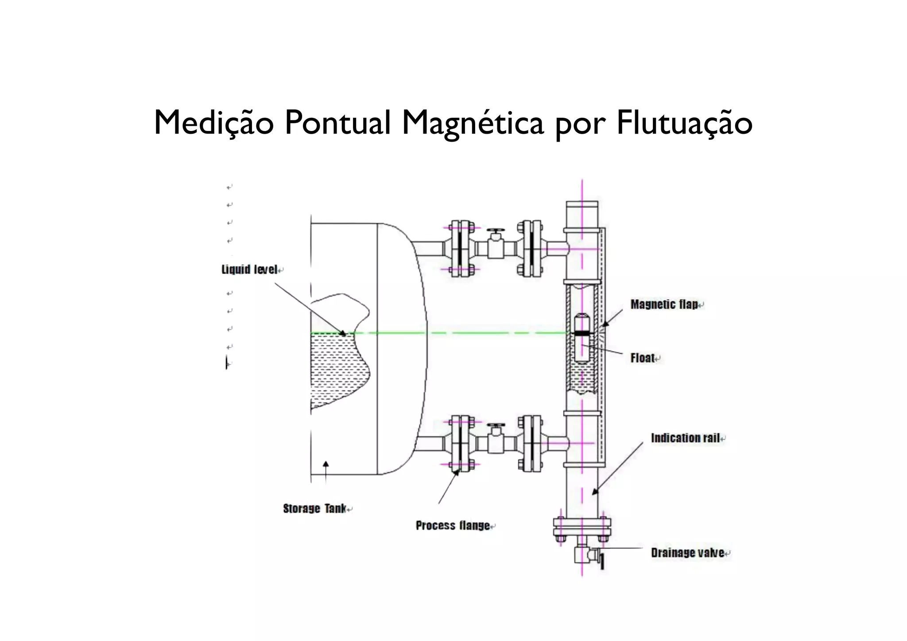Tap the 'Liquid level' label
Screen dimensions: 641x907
(x=249, y=270)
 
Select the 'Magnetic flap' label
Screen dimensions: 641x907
(x=664, y=305)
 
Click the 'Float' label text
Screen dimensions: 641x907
(x=643, y=358)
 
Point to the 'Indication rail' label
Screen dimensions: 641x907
(x=685, y=438)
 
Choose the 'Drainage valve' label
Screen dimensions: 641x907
(x=687, y=553)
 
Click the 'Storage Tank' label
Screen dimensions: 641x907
(x=314, y=509)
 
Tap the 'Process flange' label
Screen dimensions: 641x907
(x=453, y=526)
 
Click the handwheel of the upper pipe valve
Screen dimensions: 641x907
(x=495, y=232)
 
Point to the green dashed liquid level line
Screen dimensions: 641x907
(x=487, y=333)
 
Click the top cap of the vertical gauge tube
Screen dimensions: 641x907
(x=582, y=205)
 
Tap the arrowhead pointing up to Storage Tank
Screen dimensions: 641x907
(x=326, y=464)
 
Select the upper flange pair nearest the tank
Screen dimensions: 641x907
(x=461, y=249)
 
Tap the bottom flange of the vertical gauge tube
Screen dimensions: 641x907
(x=582, y=527)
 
